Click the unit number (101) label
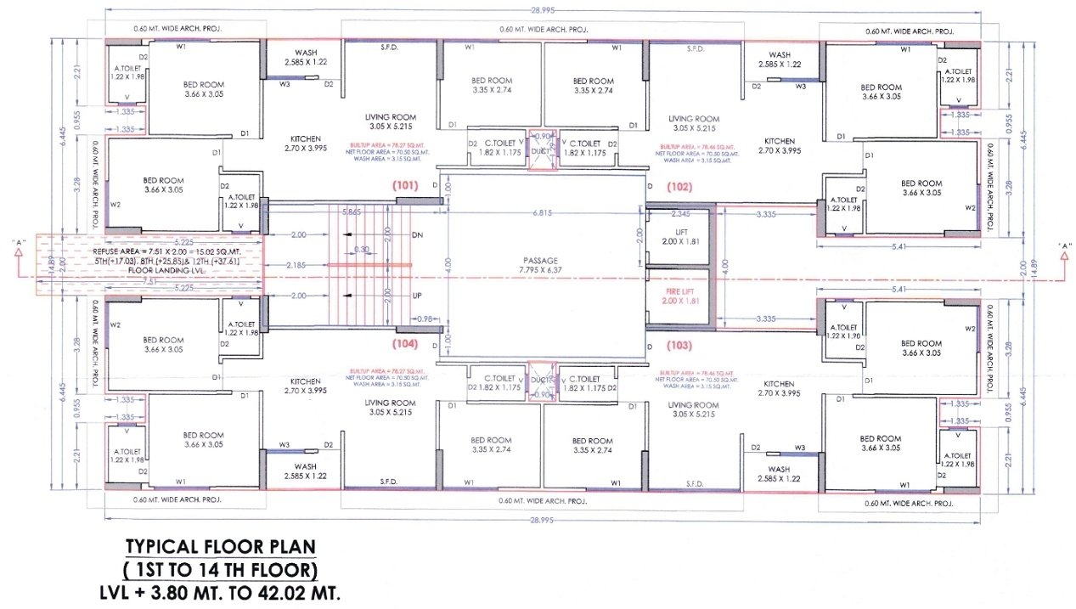tap(404, 185)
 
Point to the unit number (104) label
tap(404, 345)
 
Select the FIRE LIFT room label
tap(680, 296)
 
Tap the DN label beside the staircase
tap(417, 234)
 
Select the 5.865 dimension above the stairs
tap(352, 211)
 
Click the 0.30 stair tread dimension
tap(363, 249)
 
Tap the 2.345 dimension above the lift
tap(680, 213)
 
